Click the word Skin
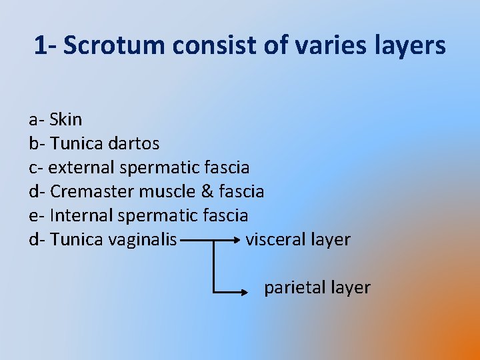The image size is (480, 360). click(66, 120)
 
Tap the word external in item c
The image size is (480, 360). click(80, 167)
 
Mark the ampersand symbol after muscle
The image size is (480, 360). click(207, 191)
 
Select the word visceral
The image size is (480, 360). click(275, 239)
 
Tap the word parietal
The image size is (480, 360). click(294, 287)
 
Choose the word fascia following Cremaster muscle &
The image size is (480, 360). click(241, 191)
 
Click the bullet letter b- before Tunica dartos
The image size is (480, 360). click(36, 143)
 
